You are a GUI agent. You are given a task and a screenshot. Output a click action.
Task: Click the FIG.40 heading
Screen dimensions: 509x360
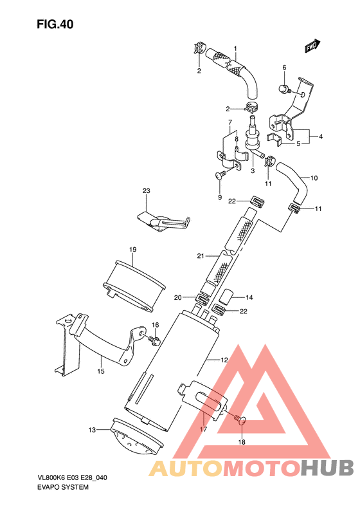click(55, 25)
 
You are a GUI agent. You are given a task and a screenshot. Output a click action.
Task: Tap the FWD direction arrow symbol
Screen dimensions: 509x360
click(313, 46)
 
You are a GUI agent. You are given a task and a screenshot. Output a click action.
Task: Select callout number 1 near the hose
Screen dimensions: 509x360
click(235, 49)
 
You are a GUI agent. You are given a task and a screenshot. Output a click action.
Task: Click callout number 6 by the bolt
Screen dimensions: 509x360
click(283, 68)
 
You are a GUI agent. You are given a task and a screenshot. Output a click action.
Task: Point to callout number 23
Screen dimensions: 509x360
click(146, 191)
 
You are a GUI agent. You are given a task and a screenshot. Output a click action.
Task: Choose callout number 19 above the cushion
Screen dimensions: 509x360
click(132, 249)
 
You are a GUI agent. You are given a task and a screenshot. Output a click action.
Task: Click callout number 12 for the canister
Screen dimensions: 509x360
click(224, 360)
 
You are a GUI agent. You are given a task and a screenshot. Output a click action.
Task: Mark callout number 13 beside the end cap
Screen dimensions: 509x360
click(92, 430)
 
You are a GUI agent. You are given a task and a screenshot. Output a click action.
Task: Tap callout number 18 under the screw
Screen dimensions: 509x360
click(242, 442)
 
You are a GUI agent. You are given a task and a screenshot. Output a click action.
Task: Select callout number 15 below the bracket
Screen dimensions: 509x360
click(100, 371)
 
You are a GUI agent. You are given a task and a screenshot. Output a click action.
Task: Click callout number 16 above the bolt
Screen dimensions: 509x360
click(155, 325)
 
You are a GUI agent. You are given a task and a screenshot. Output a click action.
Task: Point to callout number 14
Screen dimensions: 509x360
click(249, 297)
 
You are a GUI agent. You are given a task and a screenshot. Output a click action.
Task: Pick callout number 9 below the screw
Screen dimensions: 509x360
click(219, 197)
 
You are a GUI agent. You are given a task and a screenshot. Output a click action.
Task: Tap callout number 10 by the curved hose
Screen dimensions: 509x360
click(314, 178)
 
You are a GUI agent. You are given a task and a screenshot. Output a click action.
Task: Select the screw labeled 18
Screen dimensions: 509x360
click(241, 420)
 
